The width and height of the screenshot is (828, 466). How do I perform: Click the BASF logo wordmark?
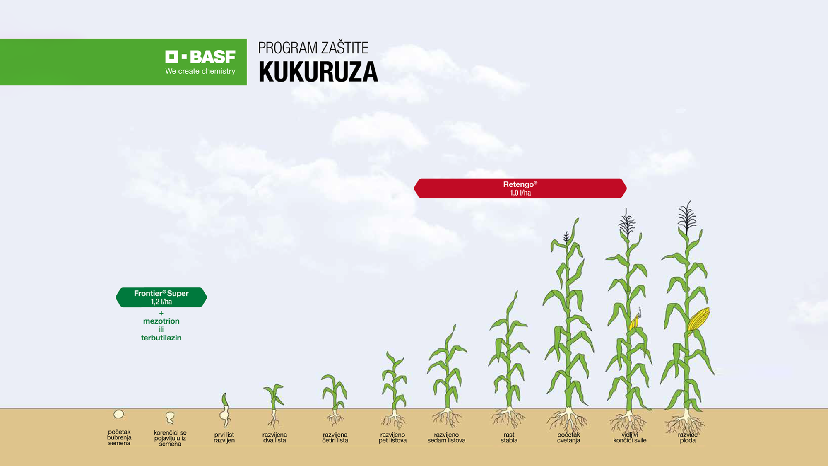(x=200, y=56)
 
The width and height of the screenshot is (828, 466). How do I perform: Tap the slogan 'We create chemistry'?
(x=200, y=71)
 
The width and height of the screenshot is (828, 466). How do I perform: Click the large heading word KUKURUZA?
(x=318, y=72)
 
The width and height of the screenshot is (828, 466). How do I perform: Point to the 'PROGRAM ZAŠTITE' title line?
(x=313, y=48)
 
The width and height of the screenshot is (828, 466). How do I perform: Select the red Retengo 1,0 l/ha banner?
(x=520, y=188)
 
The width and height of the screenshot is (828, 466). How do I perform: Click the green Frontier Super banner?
(x=161, y=297)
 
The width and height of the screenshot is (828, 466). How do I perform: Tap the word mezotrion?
(x=161, y=321)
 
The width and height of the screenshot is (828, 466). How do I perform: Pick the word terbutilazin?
(x=161, y=338)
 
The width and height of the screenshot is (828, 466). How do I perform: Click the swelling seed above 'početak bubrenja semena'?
(x=119, y=414)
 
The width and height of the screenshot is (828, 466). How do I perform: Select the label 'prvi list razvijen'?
(x=224, y=437)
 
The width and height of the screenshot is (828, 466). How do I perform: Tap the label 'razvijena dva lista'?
(x=274, y=437)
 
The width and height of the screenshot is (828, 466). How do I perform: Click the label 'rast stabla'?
(x=509, y=437)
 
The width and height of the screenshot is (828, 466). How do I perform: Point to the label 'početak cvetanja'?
(x=568, y=437)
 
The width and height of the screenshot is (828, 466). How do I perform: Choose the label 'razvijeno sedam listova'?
(x=446, y=437)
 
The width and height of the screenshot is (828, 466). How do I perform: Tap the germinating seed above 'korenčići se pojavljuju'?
(x=170, y=417)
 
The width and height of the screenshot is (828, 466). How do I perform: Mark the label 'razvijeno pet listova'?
(x=392, y=437)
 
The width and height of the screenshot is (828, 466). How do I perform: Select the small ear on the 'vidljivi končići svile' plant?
(x=635, y=319)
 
